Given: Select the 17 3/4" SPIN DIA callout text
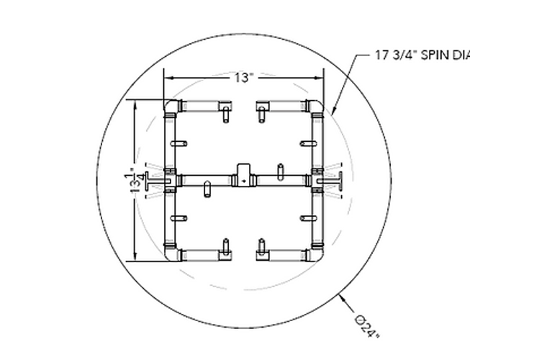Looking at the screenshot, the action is pyautogui.click(x=422, y=55).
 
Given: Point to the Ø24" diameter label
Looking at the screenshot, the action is pyautogui.click(x=367, y=327).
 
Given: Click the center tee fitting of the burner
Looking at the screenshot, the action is pyautogui.click(x=243, y=176).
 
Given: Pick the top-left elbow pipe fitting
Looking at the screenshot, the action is pyautogui.click(x=172, y=106).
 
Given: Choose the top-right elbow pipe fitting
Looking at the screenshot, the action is pyautogui.click(x=315, y=106).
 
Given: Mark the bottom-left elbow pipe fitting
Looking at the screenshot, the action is pyautogui.click(x=172, y=253).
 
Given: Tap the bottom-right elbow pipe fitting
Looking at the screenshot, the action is pyautogui.click(x=315, y=253).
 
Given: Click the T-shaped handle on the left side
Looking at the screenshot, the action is pyautogui.click(x=153, y=181).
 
